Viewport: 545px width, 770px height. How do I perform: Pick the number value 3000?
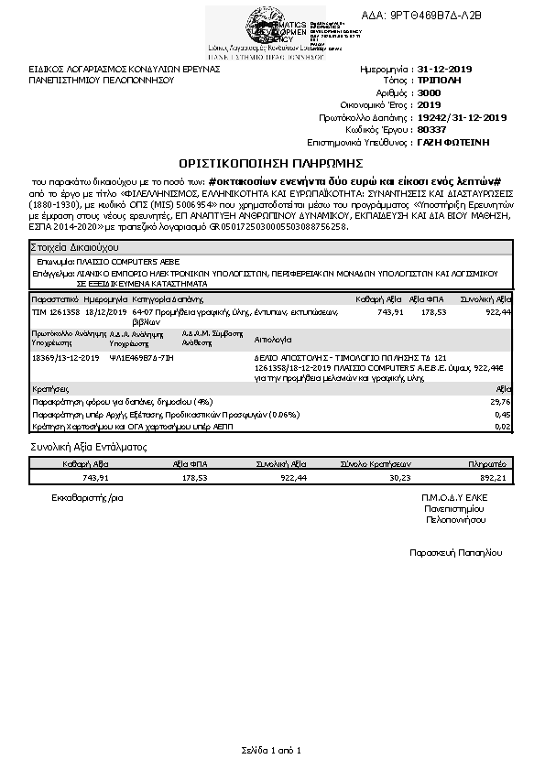(x=429, y=93)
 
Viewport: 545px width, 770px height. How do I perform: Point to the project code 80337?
(x=431, y=130)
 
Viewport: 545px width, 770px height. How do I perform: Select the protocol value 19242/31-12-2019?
(x=462, y=118)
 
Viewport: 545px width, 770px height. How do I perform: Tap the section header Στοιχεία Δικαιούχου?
(x=74, y=248)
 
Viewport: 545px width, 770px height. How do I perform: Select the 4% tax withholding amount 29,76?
(x=500, y=401)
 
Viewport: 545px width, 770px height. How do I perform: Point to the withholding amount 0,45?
(x=502, y=414)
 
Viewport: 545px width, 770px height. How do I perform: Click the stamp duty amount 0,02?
(x=502, y=426)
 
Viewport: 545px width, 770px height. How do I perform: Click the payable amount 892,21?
(x=493, y=477)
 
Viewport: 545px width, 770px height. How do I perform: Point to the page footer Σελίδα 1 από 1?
(x=272, y=750)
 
